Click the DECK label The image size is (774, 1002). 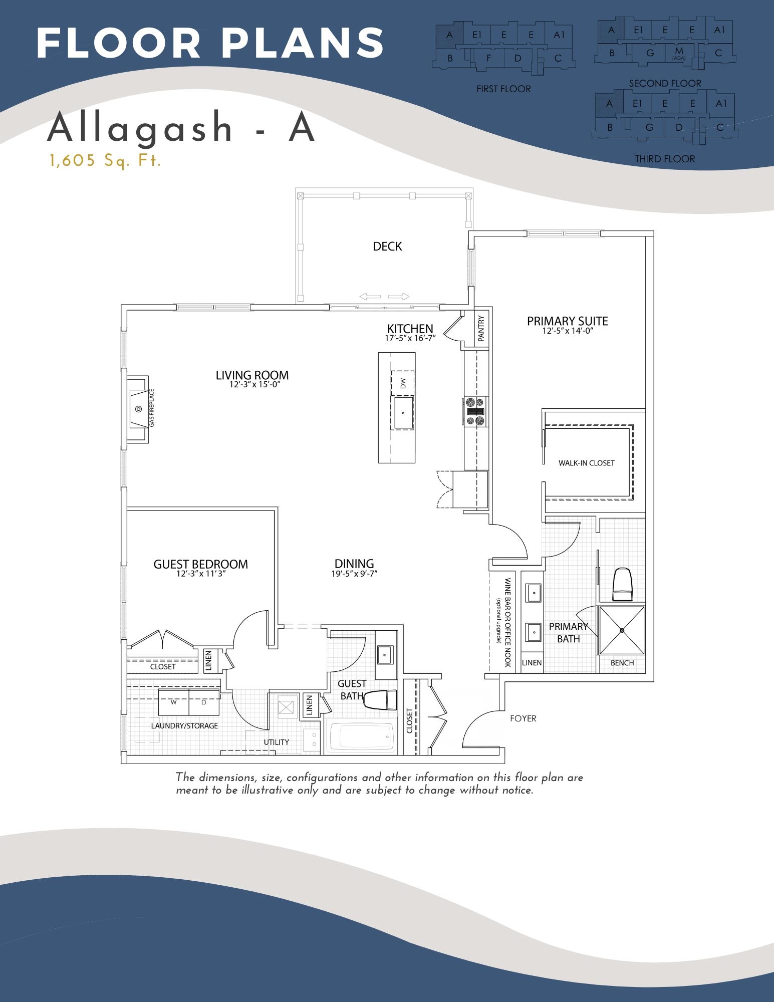click(x=387, y=246)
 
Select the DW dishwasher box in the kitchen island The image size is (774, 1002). click(x=403, y=383)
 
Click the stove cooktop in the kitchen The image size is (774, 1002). click(x=474, y=411)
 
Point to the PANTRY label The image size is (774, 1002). click(x=481, y=329)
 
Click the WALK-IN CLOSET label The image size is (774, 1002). click(x=586, y=463)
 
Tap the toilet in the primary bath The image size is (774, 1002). click(x=622, y=584)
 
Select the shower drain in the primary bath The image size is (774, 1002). click(x=622, y=630)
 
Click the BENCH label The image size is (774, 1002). click(x=622, y=663)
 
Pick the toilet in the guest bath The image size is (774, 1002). click(x=380, y=700)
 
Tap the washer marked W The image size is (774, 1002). click(x=174, y=702)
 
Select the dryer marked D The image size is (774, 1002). click(x=204, y=702)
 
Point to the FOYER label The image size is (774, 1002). click(x=523, y=718)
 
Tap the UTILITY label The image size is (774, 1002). click(x=277, y=742)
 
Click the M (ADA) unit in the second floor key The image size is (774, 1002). click(x=679, y=52)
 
